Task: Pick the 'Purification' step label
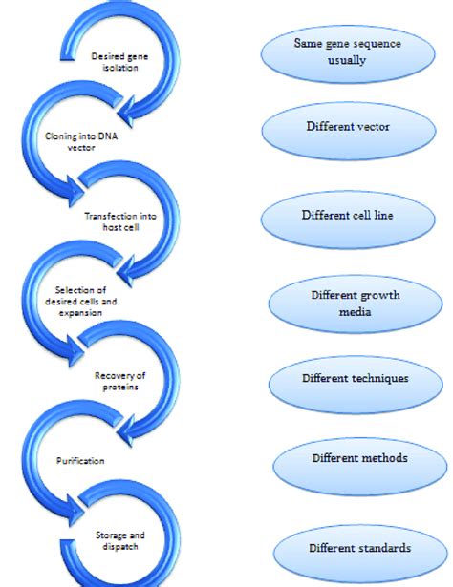click(x=74, y=460)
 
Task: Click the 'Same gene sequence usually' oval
click(x=345, y=57)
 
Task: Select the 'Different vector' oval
click(x=345, y=126)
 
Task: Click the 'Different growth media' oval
click(x=355, y=303)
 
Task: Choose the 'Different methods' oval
click(x=359, y=460)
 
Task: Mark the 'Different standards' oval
click(x=359, y=549)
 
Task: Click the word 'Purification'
click(x=74, y=460)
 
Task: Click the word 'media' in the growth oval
click(x=356, y=311)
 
